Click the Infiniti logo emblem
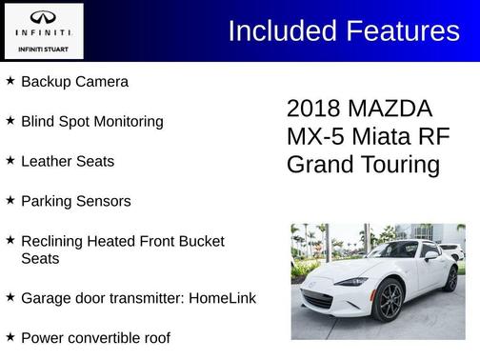tap(43, 18)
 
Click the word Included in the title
tap(281, 31)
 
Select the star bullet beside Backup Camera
tap(10, 81)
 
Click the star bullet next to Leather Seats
tap(10, 161)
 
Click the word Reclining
tap(55, 242)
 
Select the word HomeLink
tap(222, 298)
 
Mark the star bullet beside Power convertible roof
tap(10, 337)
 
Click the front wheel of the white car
tap(387, 303)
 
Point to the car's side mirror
tap(430, 255)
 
